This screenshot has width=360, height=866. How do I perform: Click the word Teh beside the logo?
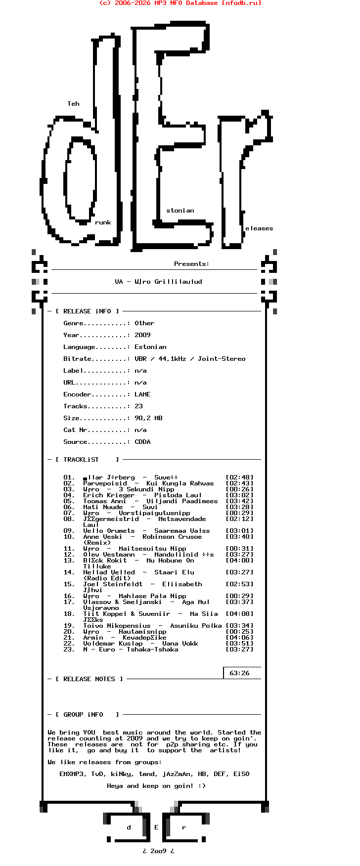(73, 104)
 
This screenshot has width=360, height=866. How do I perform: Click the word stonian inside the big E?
(180, 211)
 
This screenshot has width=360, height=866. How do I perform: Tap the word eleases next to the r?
(259, 228)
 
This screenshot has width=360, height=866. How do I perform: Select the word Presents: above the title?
(191, 264)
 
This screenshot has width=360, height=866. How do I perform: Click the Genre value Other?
(144, 323)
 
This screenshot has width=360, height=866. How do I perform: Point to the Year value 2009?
(142, 335)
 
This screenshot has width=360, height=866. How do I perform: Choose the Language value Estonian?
(150, 347)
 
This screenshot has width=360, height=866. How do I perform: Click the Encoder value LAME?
(142, 394)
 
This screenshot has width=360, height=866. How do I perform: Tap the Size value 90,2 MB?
(148, 418)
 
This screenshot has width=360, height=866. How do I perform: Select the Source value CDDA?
(142, 442)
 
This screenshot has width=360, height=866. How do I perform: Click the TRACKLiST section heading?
(81, 460)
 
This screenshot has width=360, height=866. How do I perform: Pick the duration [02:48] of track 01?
(239, 477)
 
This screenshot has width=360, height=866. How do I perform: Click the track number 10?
(69, 537)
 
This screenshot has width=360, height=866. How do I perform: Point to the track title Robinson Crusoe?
(172, 537)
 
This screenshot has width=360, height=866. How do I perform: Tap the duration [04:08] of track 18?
(239, 614)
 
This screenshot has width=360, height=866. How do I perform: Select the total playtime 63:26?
(239, 673)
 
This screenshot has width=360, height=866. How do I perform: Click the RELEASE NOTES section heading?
(89, 679)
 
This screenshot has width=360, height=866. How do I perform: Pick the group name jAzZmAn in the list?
(178, 774)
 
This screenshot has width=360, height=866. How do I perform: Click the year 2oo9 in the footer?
(158, 851)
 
